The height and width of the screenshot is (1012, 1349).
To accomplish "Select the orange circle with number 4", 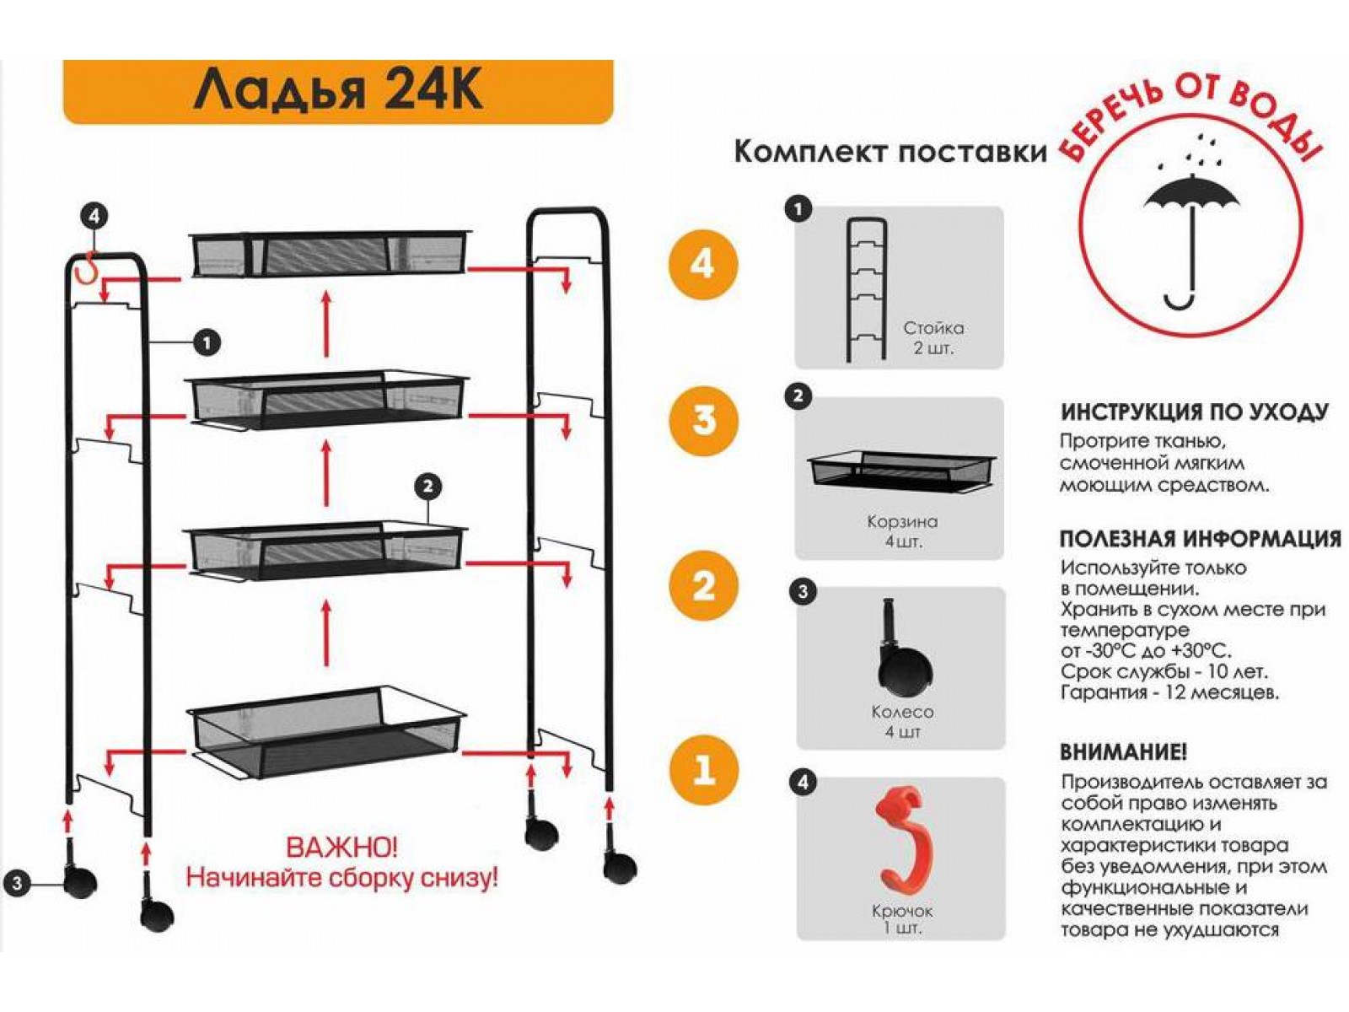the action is (703, 265).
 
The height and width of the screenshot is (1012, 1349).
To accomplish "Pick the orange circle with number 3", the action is (703, 421).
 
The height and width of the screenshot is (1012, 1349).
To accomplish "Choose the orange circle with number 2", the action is (703, 585).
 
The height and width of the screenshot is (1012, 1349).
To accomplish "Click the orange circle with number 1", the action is (703, 768).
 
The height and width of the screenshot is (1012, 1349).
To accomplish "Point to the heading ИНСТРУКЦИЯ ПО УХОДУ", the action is (1194, 412).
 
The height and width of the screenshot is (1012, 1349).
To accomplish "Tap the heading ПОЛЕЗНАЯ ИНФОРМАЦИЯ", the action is (1201, 538).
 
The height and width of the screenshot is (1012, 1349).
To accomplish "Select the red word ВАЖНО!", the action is (341, 848).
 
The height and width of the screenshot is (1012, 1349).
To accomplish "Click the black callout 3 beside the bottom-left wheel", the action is (17, 884).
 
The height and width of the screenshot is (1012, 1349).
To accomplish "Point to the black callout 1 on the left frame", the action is (207, 342).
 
